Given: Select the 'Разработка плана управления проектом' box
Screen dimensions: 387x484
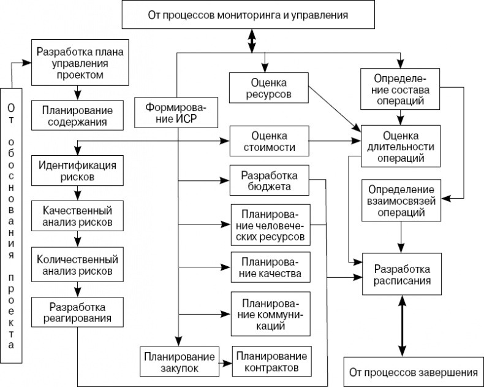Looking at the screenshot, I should tap(80, 63).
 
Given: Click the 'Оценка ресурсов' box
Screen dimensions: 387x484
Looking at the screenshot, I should tap(268, 88).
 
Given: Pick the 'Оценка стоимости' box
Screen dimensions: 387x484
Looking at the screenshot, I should tap(268, 142).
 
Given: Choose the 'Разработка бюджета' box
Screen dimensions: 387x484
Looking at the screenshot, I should tap(268, 180).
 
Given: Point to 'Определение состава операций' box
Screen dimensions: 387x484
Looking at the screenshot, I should tap(401, 89).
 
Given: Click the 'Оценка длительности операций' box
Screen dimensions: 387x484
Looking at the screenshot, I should tap(401, 145).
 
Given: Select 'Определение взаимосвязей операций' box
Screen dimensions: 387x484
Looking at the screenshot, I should tap(401, 201).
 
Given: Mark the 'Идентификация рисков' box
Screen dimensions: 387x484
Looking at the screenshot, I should tap(75, 171).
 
